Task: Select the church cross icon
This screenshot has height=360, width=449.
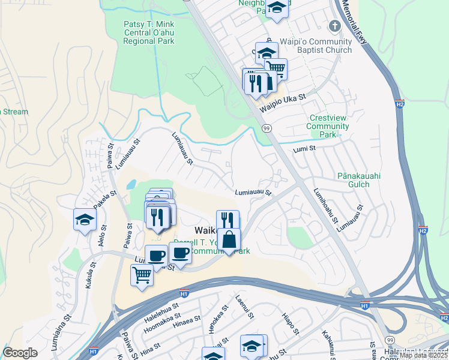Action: point(335,26)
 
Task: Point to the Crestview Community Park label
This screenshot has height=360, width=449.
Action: point(327,127)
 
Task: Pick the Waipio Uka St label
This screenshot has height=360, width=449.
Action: point(283,102)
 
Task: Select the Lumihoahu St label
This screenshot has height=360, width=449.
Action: point(324,208)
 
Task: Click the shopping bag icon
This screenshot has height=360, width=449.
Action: point(229,240)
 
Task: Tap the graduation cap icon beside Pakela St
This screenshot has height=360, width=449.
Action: point(85,220)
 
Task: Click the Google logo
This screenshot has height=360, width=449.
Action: point(20,353)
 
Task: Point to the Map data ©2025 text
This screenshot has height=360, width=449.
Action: point(423,355)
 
